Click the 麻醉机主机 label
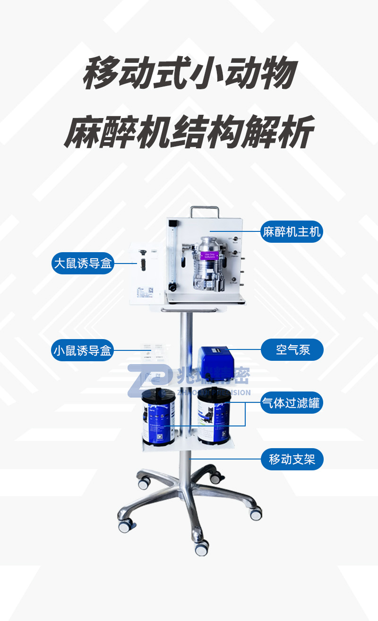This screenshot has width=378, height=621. [x=292, y=232]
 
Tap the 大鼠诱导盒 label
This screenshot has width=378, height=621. [x=83, y=264]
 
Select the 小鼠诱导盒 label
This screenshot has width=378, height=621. [x=83, y=351]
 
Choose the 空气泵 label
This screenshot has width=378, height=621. [x=292, y=350]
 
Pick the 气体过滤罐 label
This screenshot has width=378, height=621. [x=292, y=403]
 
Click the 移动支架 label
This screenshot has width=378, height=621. [x=292, y=459]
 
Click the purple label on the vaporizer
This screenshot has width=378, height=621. [x=209, y=257]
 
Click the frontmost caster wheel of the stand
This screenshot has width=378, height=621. [x=201, y=547]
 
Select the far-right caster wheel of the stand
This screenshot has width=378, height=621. [x=256, y=514]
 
